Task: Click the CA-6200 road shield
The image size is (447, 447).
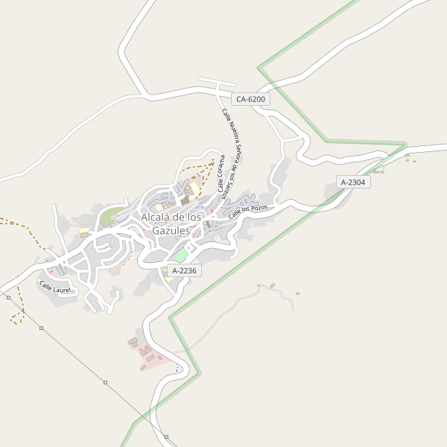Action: [x=250, y=99]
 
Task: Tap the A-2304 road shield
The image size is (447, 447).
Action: [x=353, y=182]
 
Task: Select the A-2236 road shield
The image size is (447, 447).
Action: [x=184, y=270]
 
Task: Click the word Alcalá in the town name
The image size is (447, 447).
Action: [x=158, y=217]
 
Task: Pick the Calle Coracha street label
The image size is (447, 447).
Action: [x=221, y=174]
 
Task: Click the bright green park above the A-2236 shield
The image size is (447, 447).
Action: [x=181, y=256]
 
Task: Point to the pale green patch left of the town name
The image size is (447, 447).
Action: [x=109, y=218]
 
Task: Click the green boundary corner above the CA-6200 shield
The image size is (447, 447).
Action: [x=259, y=68]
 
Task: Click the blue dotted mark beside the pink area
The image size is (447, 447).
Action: [x=177, y=369]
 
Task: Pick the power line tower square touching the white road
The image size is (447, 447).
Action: [x=7, y=297]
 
